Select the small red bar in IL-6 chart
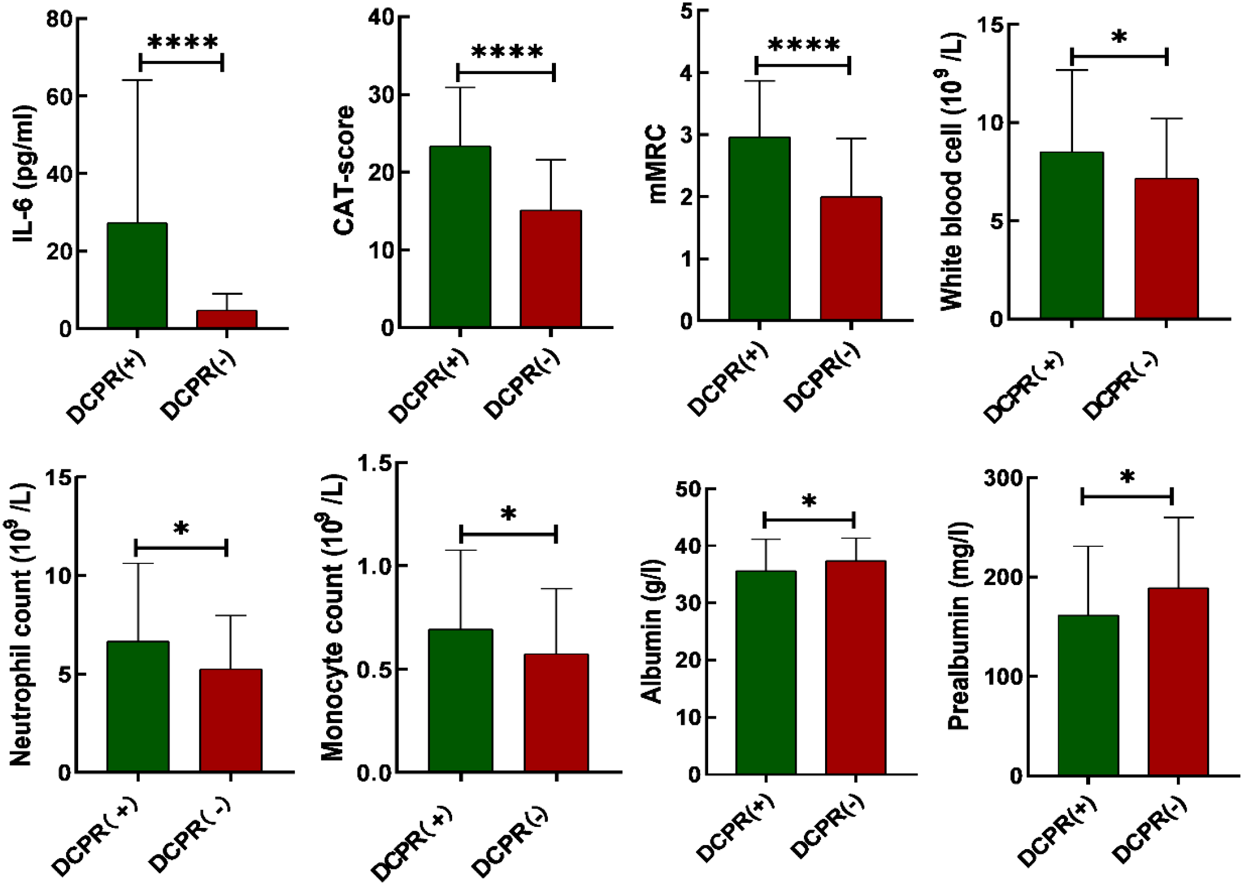click(x=226, y=319)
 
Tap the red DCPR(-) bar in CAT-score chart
click(x=551, y=269)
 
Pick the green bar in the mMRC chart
click(x=759, y=229)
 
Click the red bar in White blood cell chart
click(x=1166, y=249)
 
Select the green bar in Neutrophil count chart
click(x=138, y=707)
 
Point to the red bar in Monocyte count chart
click(x=556, y=713)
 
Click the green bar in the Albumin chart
click(x=766, y=672)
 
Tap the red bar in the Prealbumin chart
click(x=1178, y=681)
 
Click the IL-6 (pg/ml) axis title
click(x=24, y=174)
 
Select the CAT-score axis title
click(x=344, y=170)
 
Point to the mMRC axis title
click(x=657, y=164)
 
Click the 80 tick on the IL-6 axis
click(x=59, y=19)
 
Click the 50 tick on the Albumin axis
click(x=687, y=489)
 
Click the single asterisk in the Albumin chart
click(x=809, y=502)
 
